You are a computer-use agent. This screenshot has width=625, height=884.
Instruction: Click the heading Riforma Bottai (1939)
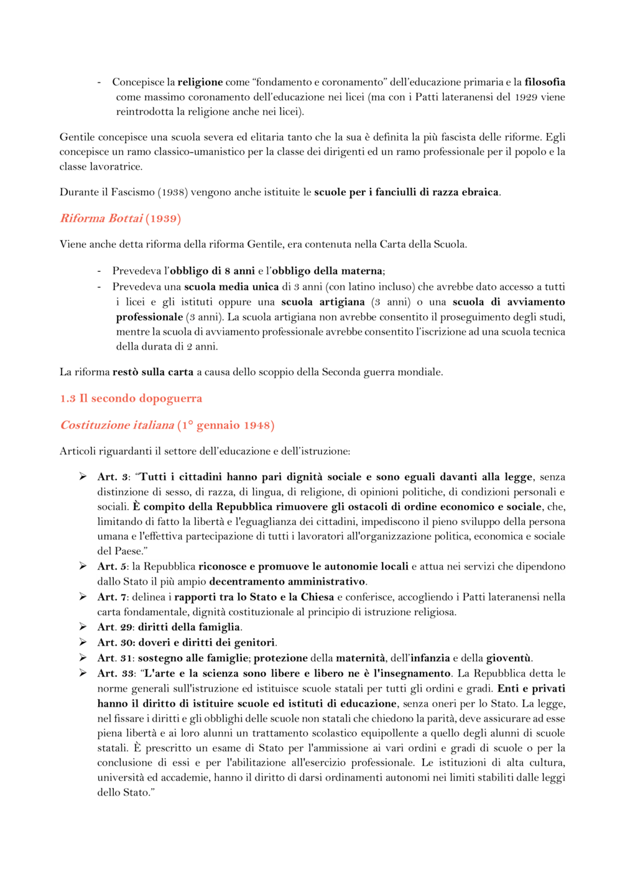[120, 218]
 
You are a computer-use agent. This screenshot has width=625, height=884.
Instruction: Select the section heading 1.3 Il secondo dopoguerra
[131, 398]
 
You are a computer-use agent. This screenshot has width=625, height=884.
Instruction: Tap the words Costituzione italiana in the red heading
[117, 425]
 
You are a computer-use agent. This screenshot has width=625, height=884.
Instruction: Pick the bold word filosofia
[545, 82]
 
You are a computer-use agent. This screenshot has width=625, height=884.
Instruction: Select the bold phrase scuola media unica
[231, 287]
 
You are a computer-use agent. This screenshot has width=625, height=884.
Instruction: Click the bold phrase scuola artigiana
[323, 302]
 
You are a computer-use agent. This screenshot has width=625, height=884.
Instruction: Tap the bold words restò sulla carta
[153, 372]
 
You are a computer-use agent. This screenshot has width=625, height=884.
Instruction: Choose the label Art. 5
[112, 567]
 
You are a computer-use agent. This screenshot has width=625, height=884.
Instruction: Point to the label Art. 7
[112, 597]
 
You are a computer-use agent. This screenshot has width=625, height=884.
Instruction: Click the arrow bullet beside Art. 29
[83, 627]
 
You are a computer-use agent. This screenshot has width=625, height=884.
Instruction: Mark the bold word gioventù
[509, 658]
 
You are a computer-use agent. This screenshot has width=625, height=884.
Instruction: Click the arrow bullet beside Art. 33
[83, 673]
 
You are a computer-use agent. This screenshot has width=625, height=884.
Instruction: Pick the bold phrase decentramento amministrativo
[287, 582]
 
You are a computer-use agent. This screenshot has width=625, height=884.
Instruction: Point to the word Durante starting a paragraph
[79, 192]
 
